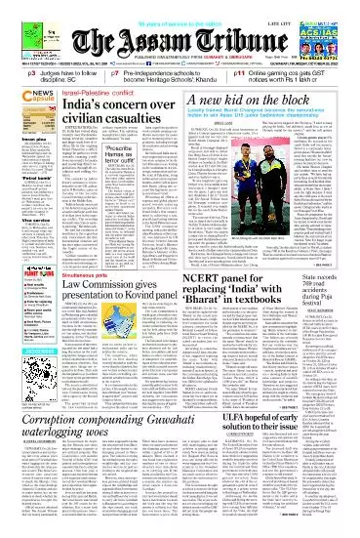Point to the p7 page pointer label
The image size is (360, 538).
[115, 71]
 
